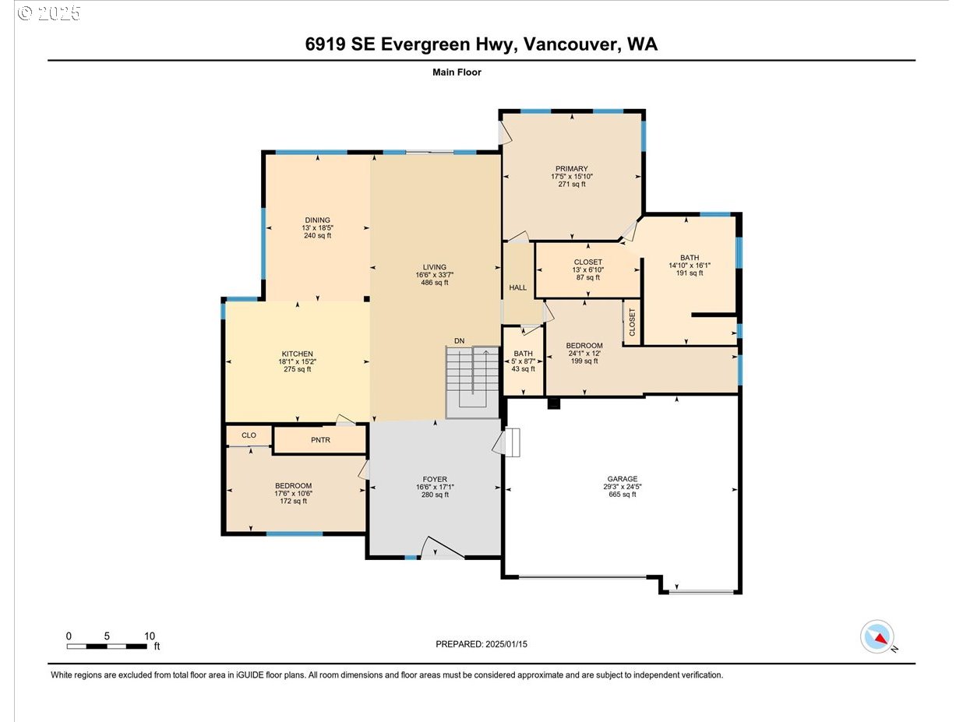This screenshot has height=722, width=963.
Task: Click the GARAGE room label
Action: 622,479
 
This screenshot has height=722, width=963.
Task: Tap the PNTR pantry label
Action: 320,440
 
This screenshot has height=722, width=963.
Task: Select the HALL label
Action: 517,287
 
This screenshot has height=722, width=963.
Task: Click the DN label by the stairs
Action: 459,340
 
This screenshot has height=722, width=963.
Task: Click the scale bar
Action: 107,646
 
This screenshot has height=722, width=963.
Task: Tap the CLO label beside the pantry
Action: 249,435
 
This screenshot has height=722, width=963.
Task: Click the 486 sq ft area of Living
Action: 434,283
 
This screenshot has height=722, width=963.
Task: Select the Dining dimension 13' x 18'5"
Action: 317,228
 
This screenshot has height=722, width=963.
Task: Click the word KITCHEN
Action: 297,354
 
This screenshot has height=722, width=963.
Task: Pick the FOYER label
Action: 435,479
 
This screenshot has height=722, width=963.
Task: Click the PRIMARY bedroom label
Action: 572,168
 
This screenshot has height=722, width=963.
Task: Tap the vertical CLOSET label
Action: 632,322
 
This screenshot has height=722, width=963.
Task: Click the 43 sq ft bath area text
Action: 523,369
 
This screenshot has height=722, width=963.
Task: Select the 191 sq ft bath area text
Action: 690,273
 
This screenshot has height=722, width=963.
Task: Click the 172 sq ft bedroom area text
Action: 293,501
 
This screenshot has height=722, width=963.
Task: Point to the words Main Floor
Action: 457,72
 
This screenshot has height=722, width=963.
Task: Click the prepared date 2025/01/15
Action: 506,644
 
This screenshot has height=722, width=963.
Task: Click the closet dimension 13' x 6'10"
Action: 588,269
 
